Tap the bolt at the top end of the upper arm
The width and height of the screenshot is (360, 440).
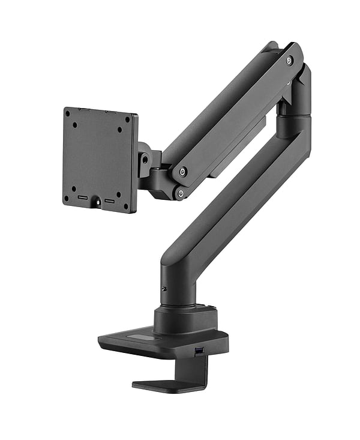click(289, 61)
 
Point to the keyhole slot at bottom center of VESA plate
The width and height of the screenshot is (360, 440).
click(97, 203)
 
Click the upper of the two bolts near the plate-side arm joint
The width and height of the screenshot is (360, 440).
click(182, 172)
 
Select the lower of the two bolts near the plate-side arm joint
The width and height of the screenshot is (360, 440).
click(178, 193)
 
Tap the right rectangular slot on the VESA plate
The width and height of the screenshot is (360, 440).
click(109, 200)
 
